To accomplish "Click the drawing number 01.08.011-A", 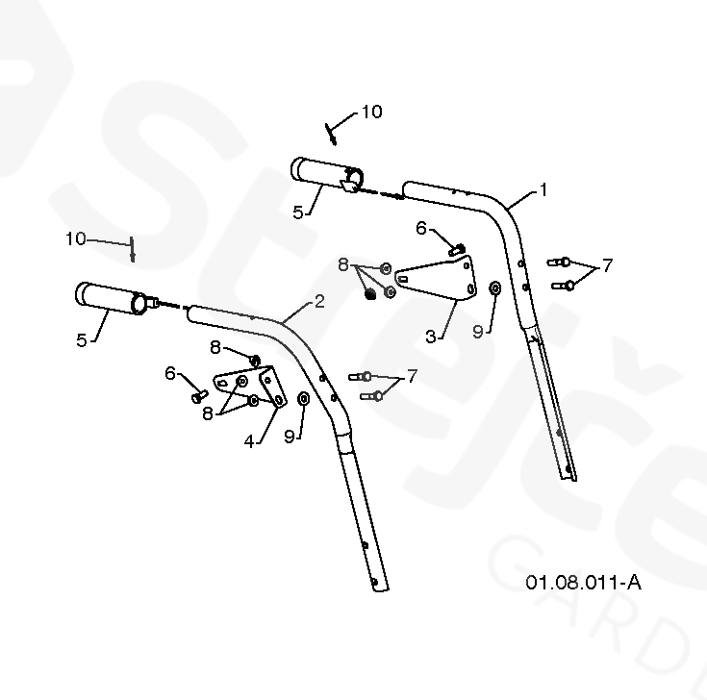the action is (x=583, y=582).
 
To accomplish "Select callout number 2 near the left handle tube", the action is (x=319, y=301).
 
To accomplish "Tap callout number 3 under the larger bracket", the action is (x=431, y=336).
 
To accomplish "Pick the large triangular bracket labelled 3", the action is (x=438, y=278).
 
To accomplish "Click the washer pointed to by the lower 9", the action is (x=304, y=398).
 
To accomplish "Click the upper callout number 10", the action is (x=371, y=112).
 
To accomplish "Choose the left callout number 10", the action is (x=76, y=238).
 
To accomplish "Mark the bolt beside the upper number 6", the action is (x=457, y=249).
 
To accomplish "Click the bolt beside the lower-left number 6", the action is (x=199, y=393).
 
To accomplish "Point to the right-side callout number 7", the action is (x=606, y=264).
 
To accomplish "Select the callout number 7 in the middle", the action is (x=412, y=375).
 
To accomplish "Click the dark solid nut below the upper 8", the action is (x=370, y=296).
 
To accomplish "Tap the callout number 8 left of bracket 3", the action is (x=342, y=263).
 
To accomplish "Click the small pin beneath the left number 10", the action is (x=133, y=253).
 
